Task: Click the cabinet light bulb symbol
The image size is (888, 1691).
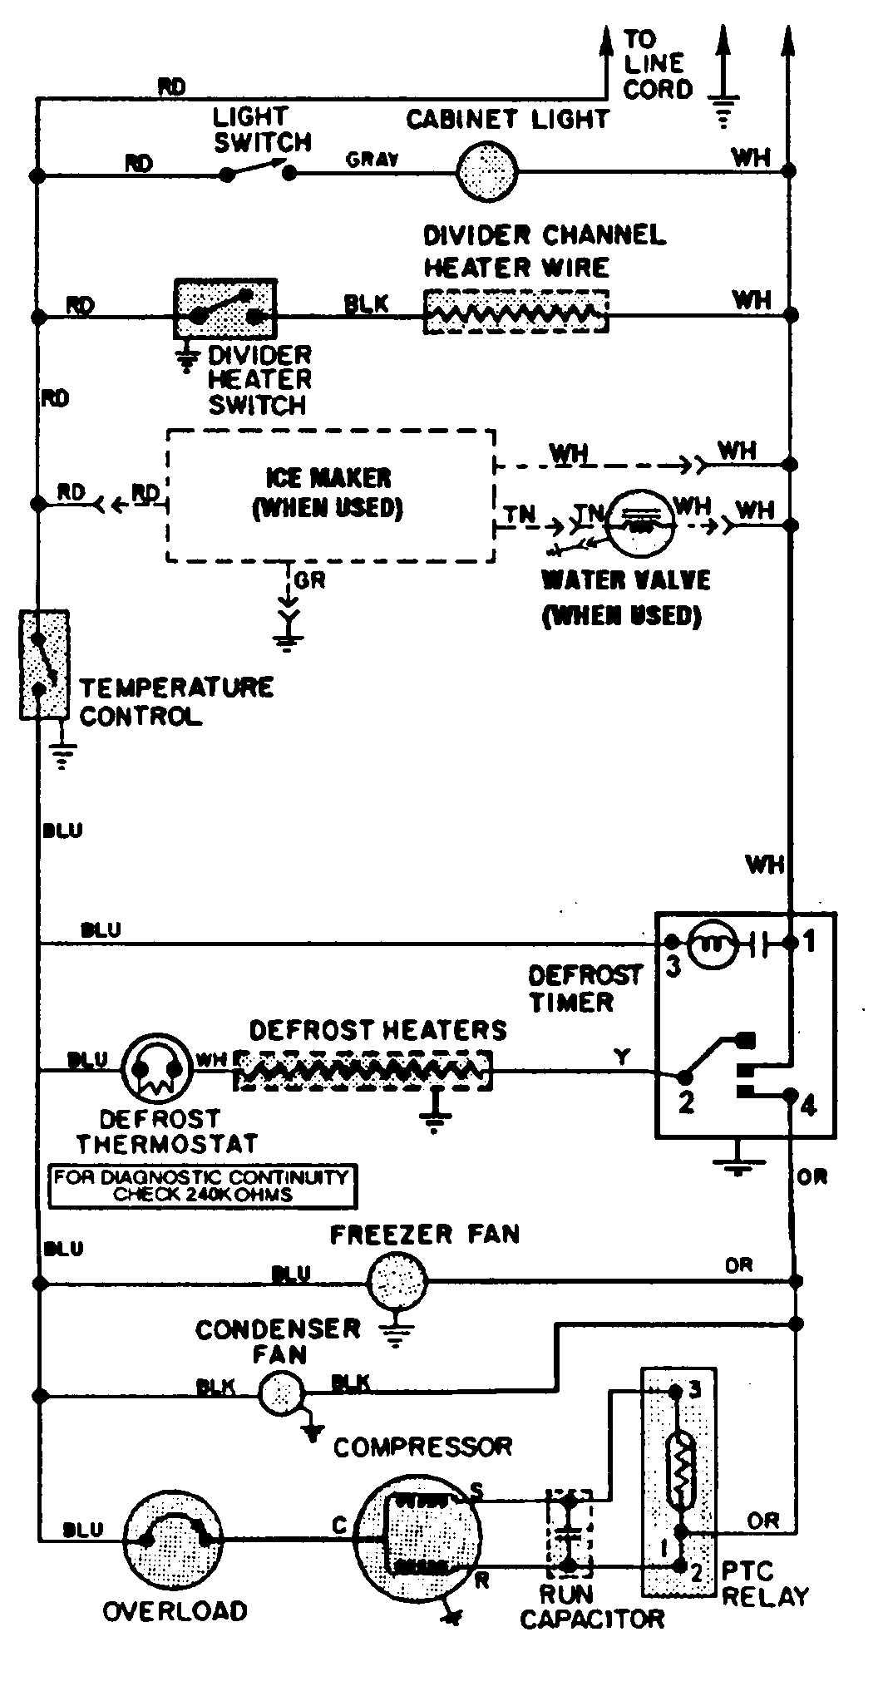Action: [x=487, y=171]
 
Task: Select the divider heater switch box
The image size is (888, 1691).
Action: [x=224, y=308]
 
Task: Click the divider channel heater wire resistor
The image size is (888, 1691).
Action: [x=516, y=313]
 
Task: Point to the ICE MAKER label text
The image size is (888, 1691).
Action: [x=328, y=479]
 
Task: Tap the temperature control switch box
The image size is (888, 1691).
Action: [x=43, y=664]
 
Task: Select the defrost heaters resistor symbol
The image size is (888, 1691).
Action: [x=363, y=1071]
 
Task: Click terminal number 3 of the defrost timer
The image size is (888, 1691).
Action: [x=673, y=967]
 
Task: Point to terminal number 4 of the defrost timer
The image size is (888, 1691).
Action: [x=808, y=1105]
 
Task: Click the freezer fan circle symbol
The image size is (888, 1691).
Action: [x=397, y=1281]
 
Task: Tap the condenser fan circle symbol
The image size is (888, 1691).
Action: [x=281, y=1392]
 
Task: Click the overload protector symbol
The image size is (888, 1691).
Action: [x=176, y=1537]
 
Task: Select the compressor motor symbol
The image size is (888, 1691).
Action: [x=419, y=1538]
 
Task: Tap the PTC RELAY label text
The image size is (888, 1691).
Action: [x=763, y=1584]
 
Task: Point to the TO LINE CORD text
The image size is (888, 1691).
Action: [x=657, y=64]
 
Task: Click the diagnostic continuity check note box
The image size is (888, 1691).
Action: [x=202, y=1186]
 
